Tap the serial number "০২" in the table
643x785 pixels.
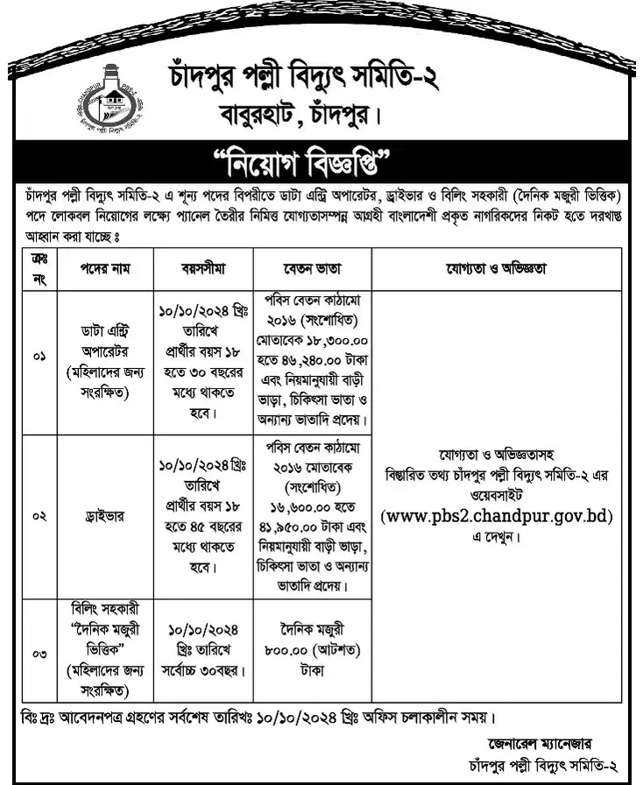click(x=39, y=516)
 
